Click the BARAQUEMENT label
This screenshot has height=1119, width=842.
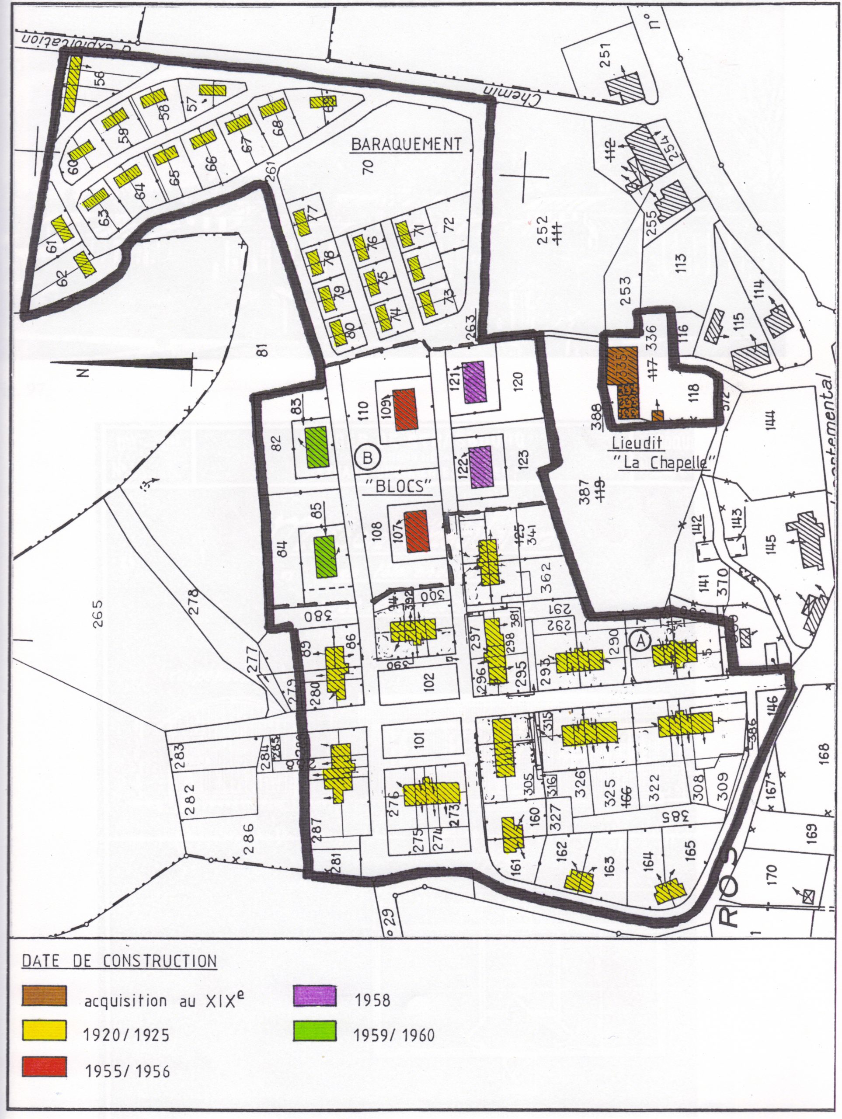[x=406, y=144]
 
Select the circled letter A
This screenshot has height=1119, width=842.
[x=640, y=640]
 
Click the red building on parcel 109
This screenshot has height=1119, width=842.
[x=404, y=409]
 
